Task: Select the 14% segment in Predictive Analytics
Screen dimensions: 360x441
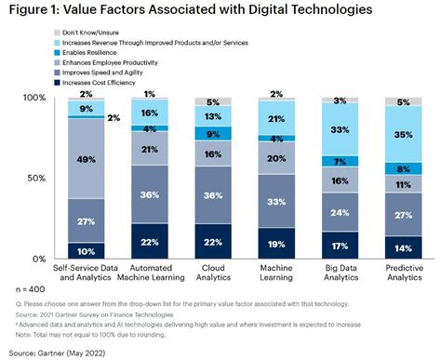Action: tap(404, 249)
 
